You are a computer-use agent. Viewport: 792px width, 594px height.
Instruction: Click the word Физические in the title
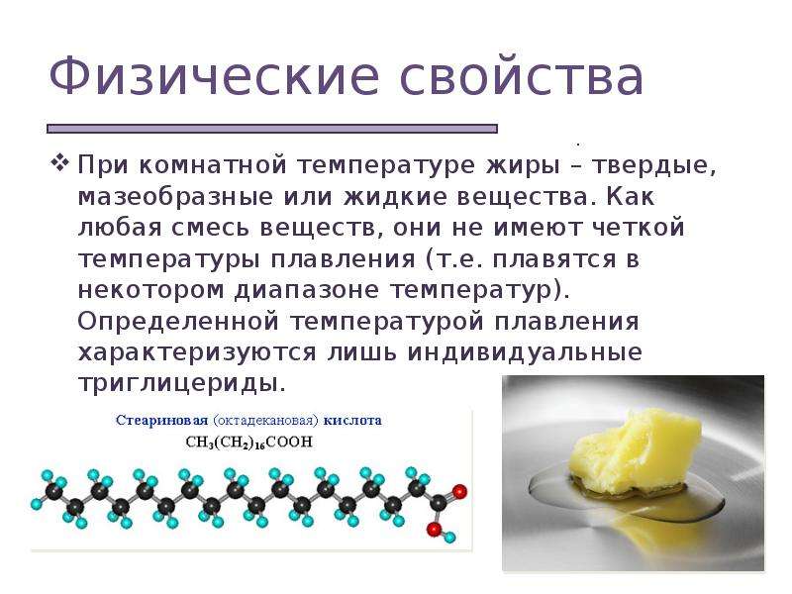point(214,77)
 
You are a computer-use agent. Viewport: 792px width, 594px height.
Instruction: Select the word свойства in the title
point(522,77)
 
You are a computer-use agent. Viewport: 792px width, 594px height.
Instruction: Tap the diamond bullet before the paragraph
point(59,162)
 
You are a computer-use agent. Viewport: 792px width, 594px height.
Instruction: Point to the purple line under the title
point(272,129)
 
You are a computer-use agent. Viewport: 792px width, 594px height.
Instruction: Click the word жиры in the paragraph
point(523,166)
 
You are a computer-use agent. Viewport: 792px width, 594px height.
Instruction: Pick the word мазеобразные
point(175,197)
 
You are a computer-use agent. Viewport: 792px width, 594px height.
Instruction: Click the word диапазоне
point(306,291)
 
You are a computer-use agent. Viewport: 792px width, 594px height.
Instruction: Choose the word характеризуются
point(197,353)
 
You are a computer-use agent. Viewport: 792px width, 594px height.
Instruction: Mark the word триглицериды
point(182,384)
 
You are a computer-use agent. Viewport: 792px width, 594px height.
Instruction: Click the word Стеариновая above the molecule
point(161,420)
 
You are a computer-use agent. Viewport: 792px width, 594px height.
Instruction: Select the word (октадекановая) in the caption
point(265,421)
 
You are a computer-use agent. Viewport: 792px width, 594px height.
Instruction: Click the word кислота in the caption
point(352,420)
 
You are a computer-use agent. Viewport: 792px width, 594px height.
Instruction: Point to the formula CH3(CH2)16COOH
point(249,443)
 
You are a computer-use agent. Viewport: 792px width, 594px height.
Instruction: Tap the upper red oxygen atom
point(459,491)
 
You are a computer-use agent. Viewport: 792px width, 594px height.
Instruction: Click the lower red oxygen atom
point(434,529)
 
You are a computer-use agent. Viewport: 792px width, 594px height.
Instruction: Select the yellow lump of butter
point(637,452)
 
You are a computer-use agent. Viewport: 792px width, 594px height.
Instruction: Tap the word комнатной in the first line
point(213,165)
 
